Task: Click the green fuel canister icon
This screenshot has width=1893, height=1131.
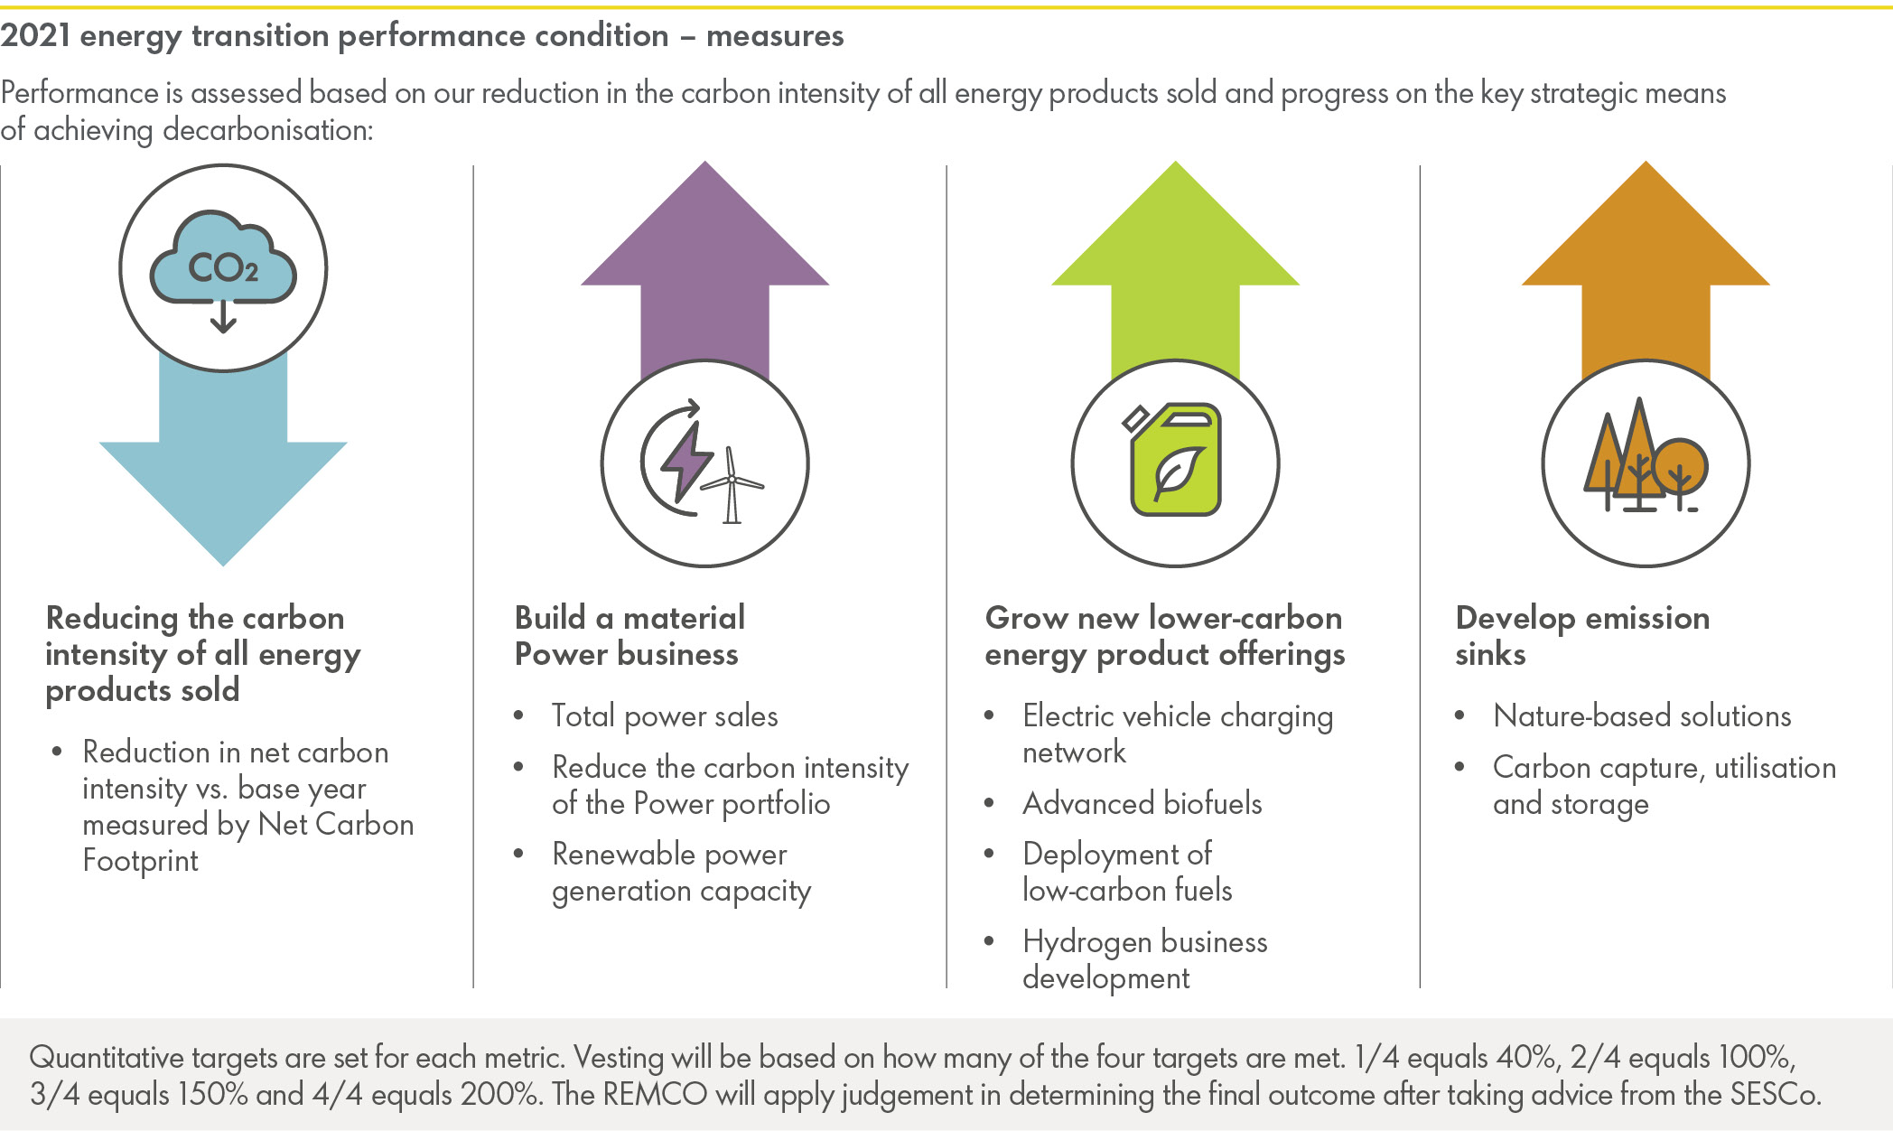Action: click(x=1175, y=462)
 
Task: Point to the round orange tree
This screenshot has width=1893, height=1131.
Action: click(x=1679, y=465)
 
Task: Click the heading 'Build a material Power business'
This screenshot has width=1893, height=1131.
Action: click(x=629, y=636)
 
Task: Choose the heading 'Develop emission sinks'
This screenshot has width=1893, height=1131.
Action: click(x=1581, y=636)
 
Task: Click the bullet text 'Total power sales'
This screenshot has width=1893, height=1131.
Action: click(x=665, y=716)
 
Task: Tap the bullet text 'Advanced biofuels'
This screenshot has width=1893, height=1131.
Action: click(x=1142, y=803)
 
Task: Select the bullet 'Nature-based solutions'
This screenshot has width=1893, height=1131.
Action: click(x=1642, y=716)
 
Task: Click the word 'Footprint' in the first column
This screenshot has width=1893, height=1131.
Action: click(x=140, y=861)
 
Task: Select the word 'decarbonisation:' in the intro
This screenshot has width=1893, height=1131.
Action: click(x=267, y=131)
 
